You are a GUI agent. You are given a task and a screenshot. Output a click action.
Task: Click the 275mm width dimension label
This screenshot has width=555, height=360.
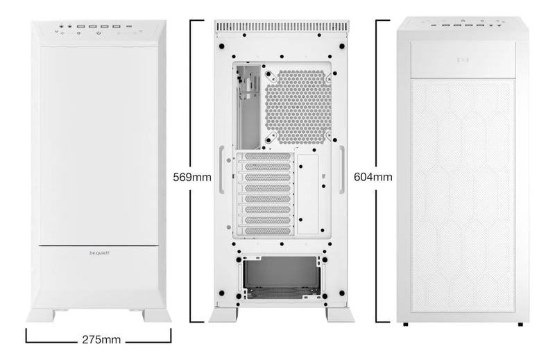click(101, 340)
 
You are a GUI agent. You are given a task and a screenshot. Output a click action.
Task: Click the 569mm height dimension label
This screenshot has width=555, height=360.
click(192, 177)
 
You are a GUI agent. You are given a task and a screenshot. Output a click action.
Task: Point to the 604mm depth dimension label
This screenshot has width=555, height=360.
click(373, 177)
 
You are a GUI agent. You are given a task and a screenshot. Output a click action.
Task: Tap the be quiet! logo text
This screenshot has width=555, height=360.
click(99, 252)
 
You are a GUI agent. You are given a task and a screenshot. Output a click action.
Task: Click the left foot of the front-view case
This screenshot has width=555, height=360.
click(41, 316)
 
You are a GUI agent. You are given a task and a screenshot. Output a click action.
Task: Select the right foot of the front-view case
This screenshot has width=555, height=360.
click(157, 316)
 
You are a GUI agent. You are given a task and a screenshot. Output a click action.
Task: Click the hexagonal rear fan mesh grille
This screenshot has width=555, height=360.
click(298, 107)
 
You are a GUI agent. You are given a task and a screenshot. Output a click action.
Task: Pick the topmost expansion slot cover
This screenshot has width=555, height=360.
click(267, 156)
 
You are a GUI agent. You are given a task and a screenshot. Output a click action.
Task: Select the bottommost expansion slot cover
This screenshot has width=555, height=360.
click(267, 231)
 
